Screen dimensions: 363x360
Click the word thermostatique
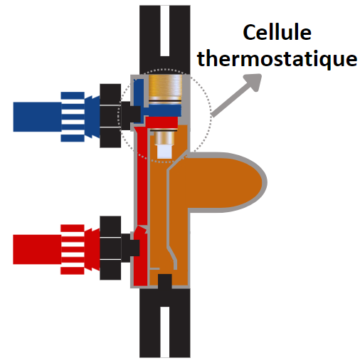[x=277, y=58]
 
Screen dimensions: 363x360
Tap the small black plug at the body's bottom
[x=165, y=282]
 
